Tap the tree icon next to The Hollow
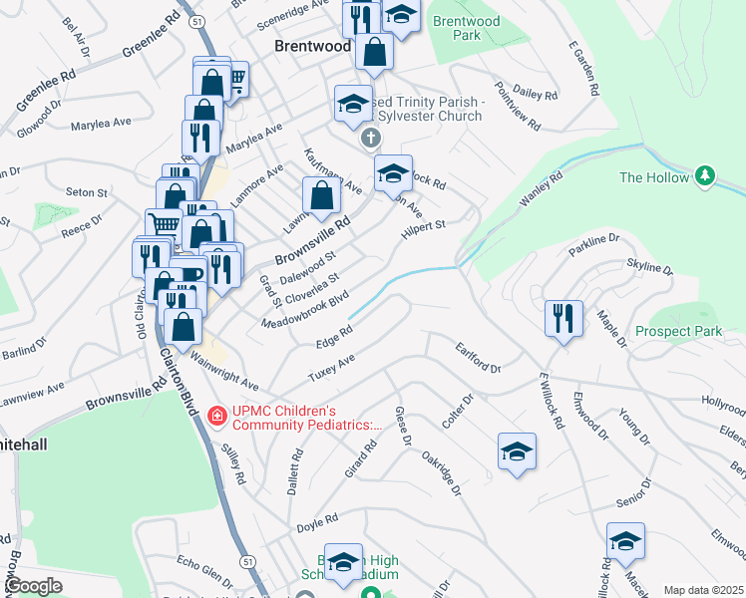(x=706, y=176)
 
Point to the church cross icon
(x=370, y=137)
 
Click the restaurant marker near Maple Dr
(x=563, y=319)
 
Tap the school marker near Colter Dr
(x=517, y=451)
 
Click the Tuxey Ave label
(x=332, y=370)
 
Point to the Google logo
(x=34, y=587)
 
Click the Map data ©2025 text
(x=703, y=591)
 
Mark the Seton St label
(x=87, y=191)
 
